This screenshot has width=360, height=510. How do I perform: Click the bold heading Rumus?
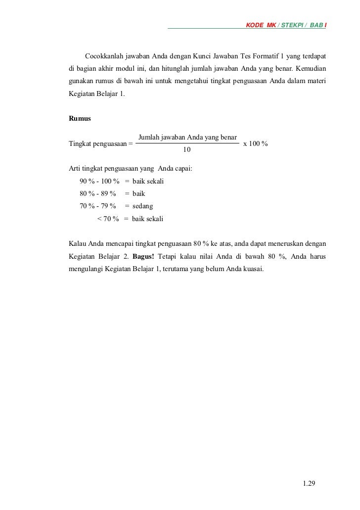click(79, 119)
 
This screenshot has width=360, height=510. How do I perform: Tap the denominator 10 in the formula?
click(187, 149)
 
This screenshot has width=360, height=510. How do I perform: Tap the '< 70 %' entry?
click(108, 218)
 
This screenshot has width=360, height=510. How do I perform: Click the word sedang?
click(143, 206)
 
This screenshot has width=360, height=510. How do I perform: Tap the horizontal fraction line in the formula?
click(187, 143)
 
